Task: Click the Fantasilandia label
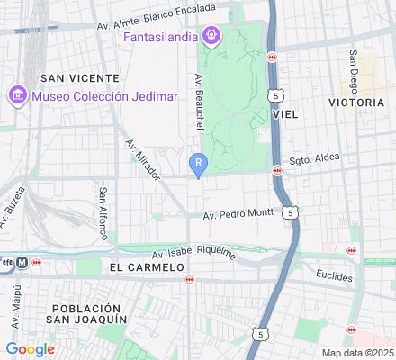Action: (162, 37)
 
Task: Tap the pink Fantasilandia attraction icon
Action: (211, 36)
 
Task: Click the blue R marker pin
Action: (198, 164)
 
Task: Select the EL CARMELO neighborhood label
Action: (139, 268)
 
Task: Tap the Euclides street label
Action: (334, 274)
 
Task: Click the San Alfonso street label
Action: (104, 213)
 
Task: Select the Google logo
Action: (30, 349)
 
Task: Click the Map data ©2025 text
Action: (358, 353)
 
